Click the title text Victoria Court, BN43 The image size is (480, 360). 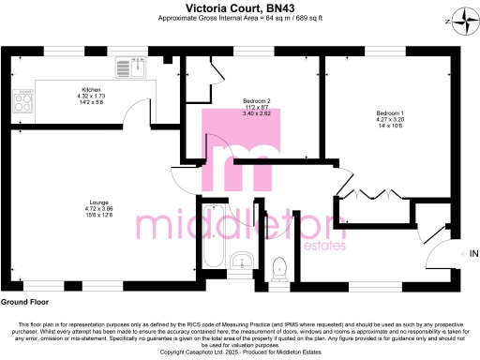coord(240,7)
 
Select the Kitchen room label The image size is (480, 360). coord(90,89)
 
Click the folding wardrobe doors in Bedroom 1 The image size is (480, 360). coord(372,194)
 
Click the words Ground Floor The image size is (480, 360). coord(24,303)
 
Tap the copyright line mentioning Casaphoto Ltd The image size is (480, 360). coord(240,352)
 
